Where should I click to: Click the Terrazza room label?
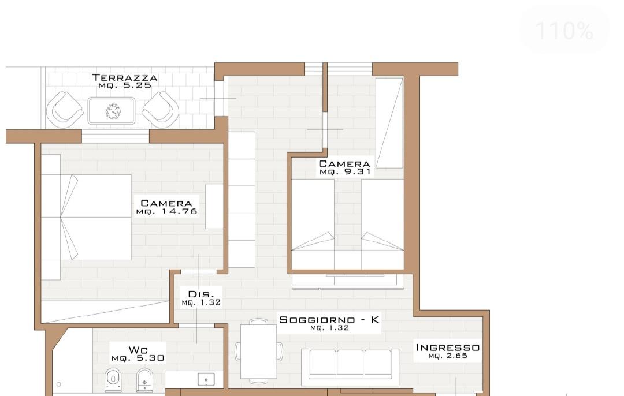[x=125, y=77]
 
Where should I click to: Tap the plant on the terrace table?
[x=113, y=111]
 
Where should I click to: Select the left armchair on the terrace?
[x=64, y=110]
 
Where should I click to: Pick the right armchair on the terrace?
[x=161, y=110]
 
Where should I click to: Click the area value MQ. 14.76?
[x=167, y=211]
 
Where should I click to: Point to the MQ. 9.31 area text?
[x=345, y=172]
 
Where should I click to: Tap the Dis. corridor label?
[x=201, y=294]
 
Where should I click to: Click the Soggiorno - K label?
[x=329, y=320]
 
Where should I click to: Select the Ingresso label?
[x=448, y=348]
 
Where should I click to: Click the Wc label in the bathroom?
[x=138, y=350]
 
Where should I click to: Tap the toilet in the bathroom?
[x=113, y=380]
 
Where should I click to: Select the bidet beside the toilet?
[x=144, y=380]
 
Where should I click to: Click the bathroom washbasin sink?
[x=206, y=380]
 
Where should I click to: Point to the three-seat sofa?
[x=350, y=367]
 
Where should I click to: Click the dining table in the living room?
[x=259, y=352]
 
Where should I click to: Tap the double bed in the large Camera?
[x=86, y=217]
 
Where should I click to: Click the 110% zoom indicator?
[x=564, y=30]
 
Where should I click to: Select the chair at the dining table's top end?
[x=259, y=322]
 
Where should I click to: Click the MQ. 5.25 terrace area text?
[x=125, y=85]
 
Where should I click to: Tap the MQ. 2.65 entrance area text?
[x=448, y=356]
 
